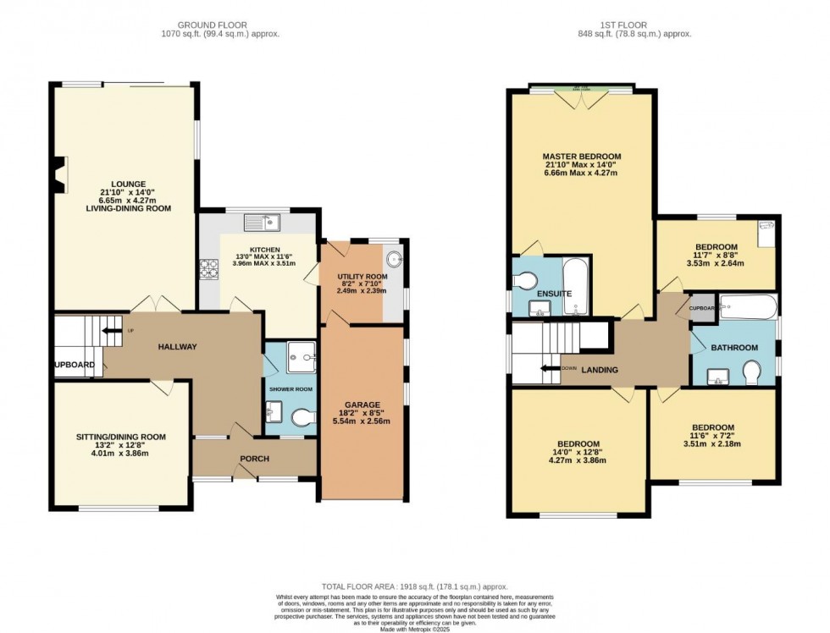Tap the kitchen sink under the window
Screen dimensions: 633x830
coord(261,223)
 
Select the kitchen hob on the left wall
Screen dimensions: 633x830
coord(209,269)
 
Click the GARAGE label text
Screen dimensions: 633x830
coord(362,405)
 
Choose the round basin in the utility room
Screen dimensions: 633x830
coord(394,259)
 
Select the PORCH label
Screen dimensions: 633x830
coord(255,459)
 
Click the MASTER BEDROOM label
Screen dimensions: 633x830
coord(582,157)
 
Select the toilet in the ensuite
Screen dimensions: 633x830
coord(527,280)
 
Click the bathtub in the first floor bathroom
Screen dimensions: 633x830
coord(747,306)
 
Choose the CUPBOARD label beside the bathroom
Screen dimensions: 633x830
coord(702,308)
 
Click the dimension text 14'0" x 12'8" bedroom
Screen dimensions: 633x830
coord(578,454)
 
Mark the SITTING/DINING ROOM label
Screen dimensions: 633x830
coord(121,437)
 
